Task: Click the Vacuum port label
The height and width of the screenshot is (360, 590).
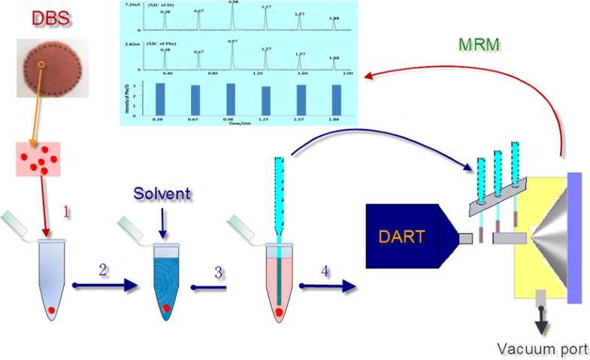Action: coord(547,349)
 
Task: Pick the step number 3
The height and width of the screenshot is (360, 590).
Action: coord(219,271)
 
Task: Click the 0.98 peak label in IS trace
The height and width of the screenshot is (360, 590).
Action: coord(234,3)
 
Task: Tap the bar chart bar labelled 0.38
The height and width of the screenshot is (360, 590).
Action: coord(159,98)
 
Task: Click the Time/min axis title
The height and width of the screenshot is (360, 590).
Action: coord(246,123)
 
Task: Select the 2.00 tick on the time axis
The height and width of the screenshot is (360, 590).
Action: coord(348,74)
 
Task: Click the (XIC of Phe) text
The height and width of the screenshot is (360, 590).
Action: coord(156,44)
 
